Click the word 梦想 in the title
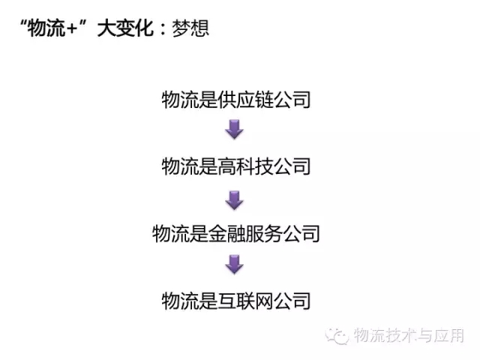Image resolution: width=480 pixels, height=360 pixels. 190,28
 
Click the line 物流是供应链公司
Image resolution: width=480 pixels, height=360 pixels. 235,100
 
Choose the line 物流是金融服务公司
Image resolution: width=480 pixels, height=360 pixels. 235,233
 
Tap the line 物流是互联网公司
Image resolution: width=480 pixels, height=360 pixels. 235,301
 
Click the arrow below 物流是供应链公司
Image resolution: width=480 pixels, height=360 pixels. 235,131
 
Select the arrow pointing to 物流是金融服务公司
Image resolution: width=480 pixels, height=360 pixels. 235,199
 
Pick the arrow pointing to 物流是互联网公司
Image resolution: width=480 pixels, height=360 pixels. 235,265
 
